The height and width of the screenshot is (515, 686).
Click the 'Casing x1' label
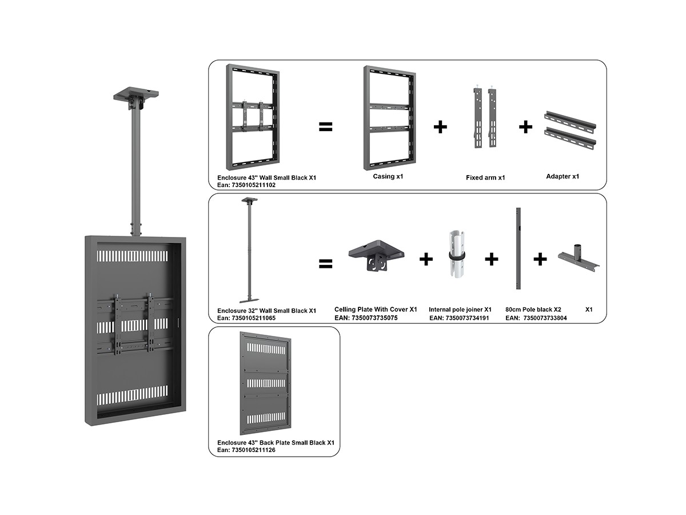[388, 176]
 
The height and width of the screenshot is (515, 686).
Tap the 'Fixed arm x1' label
[485, 178]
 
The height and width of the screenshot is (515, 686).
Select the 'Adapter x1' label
[563, 176]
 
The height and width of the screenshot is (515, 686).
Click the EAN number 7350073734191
[459, 318]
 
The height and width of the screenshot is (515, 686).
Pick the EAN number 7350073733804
[545, 318]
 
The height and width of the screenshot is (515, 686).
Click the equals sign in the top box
[325, 127]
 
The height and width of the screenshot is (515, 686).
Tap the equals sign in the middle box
[325, 263]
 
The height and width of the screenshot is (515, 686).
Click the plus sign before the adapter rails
[525, 127]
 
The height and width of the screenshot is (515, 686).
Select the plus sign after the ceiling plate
[426, 260]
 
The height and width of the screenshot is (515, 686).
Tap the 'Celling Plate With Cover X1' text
[376, 309]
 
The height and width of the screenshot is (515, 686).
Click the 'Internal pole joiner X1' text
[460, 309]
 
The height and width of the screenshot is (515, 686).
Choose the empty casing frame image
[389, 117]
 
